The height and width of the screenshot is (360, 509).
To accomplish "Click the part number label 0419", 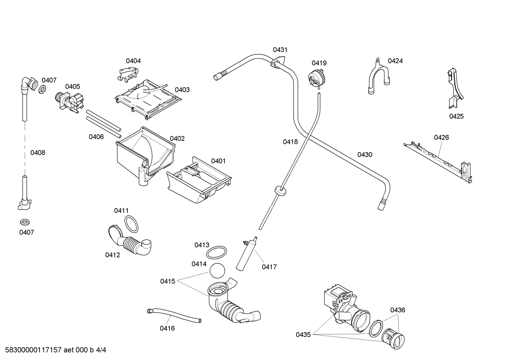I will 319,63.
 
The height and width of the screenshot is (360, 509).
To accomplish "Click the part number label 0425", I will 456,116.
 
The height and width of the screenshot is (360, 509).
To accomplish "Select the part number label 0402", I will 177,138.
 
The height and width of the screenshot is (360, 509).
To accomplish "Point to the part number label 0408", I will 38,153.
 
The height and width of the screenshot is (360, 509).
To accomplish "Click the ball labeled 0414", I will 217,271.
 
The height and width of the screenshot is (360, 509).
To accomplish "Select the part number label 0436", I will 397,310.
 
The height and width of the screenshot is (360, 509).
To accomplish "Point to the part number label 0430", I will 365,154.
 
